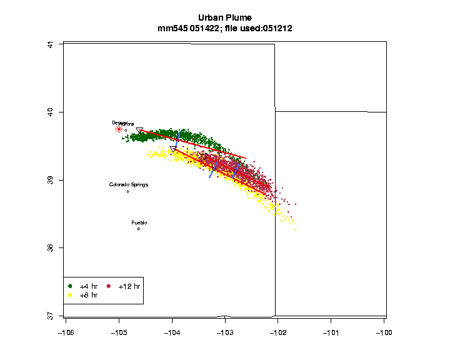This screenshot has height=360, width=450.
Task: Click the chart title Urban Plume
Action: click(225, 17)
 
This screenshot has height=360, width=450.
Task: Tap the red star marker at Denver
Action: click(119, 129)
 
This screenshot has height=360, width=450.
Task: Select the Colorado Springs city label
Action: click(129, 184)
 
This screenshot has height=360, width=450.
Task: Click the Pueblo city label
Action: click(139, 222)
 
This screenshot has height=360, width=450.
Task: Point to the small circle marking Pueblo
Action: click(139, 229)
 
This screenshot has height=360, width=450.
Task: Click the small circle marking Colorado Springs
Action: click(128, 191)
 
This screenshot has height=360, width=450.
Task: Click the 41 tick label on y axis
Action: click(51, 44)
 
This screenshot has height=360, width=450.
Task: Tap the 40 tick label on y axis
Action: click(51, 112)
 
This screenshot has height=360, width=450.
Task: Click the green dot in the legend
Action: click(71, 286)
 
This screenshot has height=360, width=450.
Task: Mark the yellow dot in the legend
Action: click(71, 294)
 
